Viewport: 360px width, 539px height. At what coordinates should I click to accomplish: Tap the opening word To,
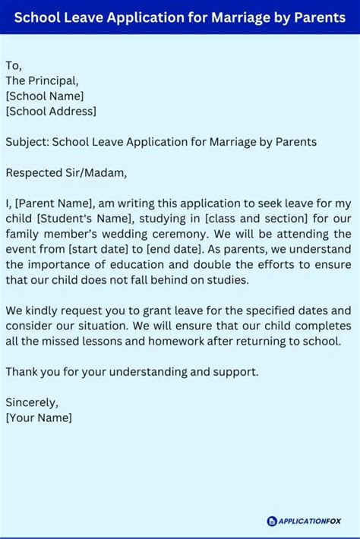(x=14, y=65)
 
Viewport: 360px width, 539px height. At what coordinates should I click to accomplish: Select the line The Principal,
(x=42, y=80)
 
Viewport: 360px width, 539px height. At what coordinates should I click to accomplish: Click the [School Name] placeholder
(x=45, y=96)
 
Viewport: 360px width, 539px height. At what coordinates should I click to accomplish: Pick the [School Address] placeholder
(x=51, y=111)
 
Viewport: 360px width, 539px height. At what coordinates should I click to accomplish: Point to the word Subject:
(x=27, y=142)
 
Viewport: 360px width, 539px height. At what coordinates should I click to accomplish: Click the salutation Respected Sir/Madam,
(x=67, y=172)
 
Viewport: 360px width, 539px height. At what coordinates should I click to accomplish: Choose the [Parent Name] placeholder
(x=52, y=203)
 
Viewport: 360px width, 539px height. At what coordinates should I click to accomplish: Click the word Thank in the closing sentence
(x=22, y=372)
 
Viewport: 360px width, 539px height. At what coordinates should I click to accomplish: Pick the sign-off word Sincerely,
(x=32, y=402)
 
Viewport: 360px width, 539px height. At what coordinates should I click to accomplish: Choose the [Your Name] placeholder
(x=39, y=418)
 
